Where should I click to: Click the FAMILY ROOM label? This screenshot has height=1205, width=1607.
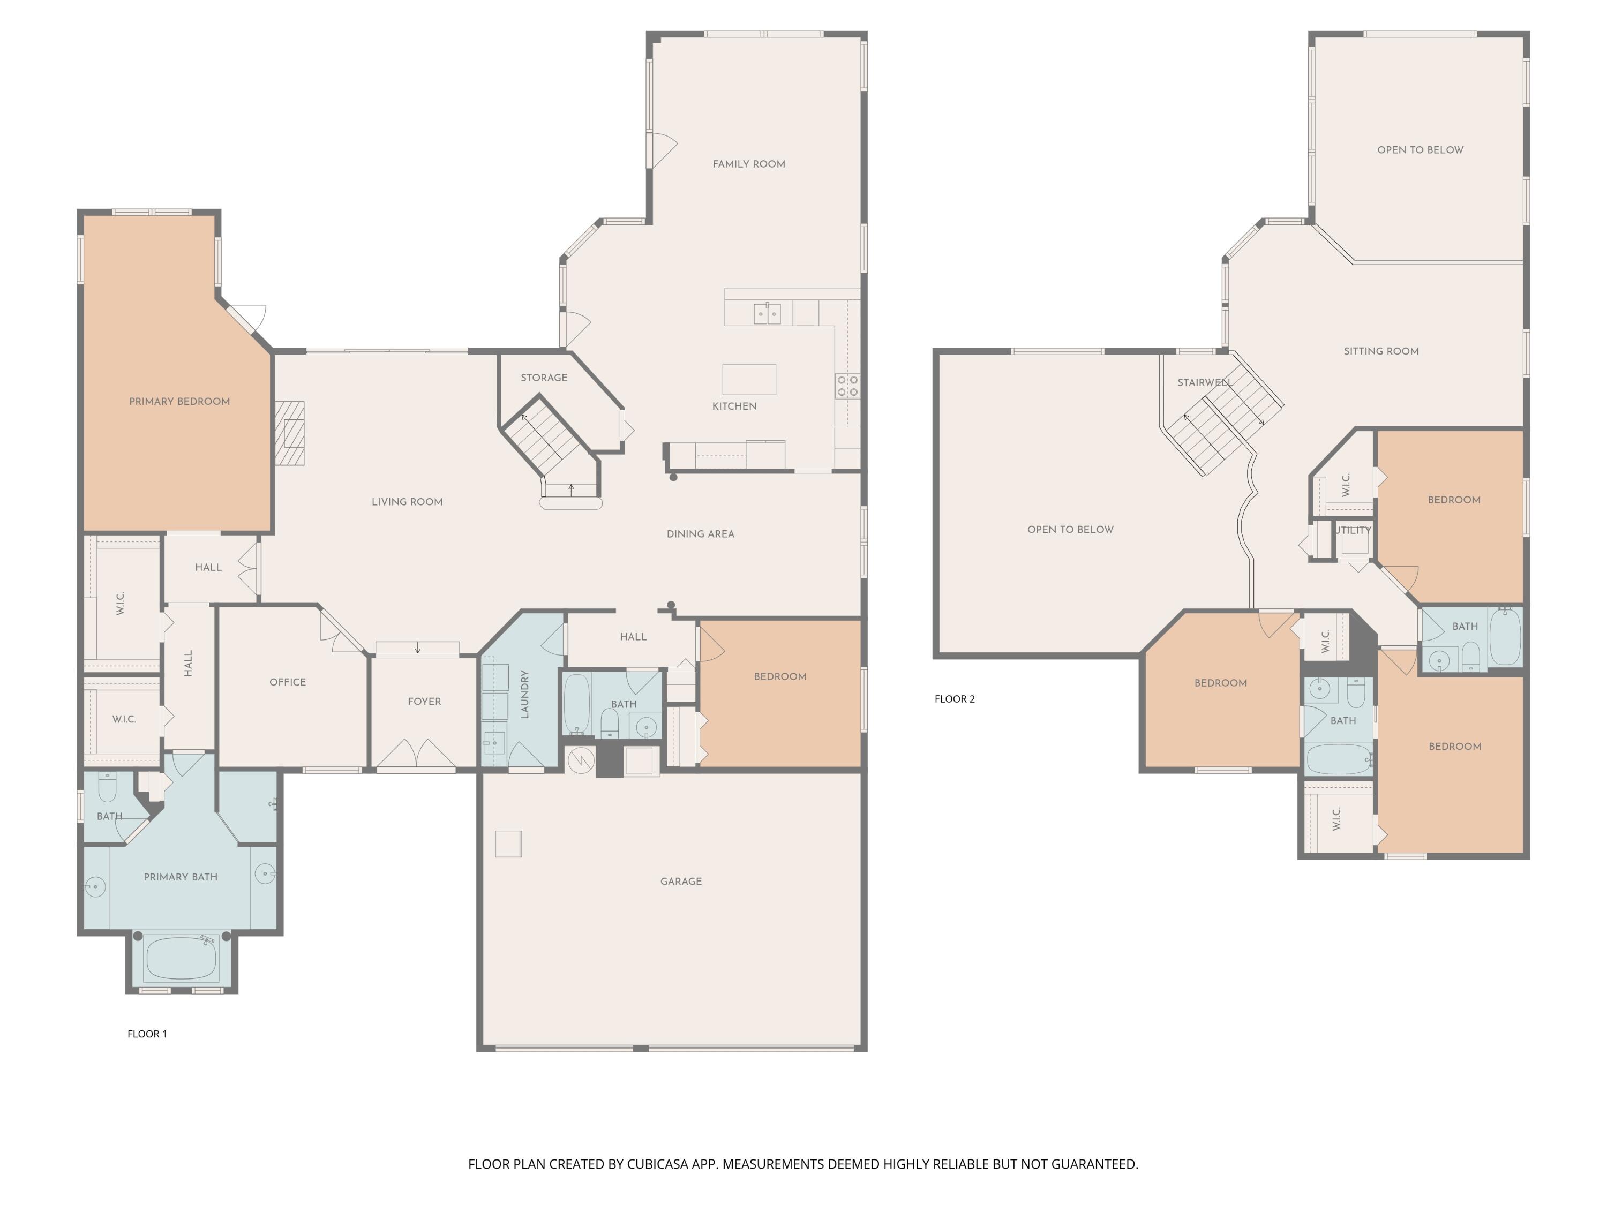(x=748, y=164)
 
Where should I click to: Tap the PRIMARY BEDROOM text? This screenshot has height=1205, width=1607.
(x=179, y=402)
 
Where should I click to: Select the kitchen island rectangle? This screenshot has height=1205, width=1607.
(x=749, y=379)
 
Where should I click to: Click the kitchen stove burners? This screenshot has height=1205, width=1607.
(x=847, y=386)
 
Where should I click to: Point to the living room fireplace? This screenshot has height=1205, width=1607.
(x=290, y=433)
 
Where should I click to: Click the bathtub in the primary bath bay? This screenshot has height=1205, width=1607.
(x=182, y=958)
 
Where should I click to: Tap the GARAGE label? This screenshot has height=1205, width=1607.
(x=681, y=881)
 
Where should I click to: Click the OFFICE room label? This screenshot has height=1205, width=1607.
(x=288, y=682)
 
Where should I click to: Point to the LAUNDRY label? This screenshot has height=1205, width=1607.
(x=524, y=695)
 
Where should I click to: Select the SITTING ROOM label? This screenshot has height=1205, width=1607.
(x=1381, y=351)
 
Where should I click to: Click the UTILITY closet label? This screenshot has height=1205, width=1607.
(x=1353, y=530)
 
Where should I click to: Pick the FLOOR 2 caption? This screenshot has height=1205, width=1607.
(x=955, y=699)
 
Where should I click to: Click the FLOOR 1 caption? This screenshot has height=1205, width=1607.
(x=147, y=1034)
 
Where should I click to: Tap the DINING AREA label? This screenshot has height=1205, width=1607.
(x=700, y=534)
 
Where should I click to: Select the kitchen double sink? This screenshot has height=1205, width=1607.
(x=767, y=314)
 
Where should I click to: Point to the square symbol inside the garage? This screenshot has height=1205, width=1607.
(x=508, y=843)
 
